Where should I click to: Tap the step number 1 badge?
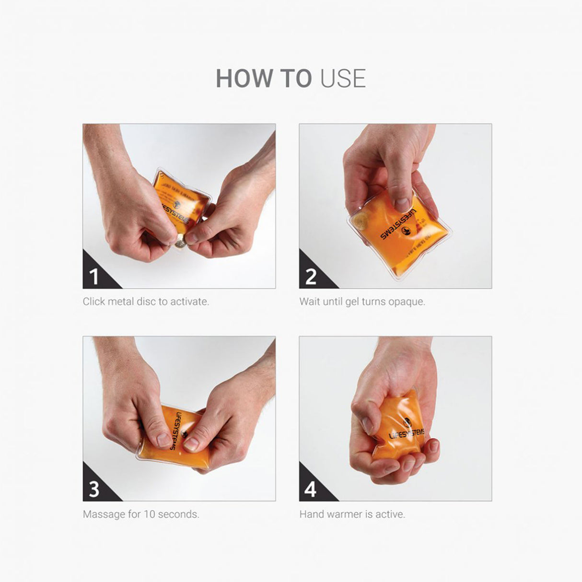94,277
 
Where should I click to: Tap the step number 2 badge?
311,277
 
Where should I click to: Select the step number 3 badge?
94,489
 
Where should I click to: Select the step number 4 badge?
311,489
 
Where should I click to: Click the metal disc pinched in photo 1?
180,243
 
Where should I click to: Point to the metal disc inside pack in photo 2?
361,221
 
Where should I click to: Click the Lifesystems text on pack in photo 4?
407,434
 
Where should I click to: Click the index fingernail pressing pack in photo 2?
402,204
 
